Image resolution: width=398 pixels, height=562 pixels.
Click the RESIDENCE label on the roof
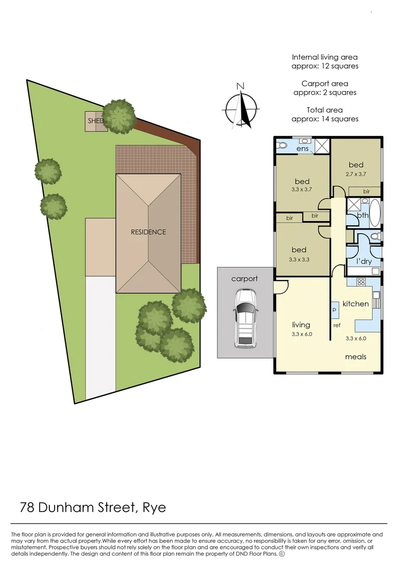(148, 232)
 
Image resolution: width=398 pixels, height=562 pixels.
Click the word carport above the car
(245, 279)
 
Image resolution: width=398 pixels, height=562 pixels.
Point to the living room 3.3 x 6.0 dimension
(301, 334)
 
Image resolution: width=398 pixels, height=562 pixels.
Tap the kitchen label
(355, 303)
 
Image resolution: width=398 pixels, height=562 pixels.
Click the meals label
(356, 356)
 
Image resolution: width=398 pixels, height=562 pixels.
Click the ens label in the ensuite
(302, 149)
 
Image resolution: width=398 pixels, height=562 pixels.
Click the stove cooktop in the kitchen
(361, 282)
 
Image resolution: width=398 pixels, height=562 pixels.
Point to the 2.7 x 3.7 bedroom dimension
(356, 174)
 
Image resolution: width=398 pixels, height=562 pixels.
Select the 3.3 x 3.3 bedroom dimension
(299, 259)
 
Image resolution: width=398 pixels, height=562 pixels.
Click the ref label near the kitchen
(337, 326)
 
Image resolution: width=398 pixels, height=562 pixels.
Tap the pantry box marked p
(334, 309)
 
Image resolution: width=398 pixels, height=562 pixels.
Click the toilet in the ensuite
(283, 145)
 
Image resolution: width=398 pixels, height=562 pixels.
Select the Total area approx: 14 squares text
(325, 114)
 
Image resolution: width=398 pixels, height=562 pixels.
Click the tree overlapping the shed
(119, 116)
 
